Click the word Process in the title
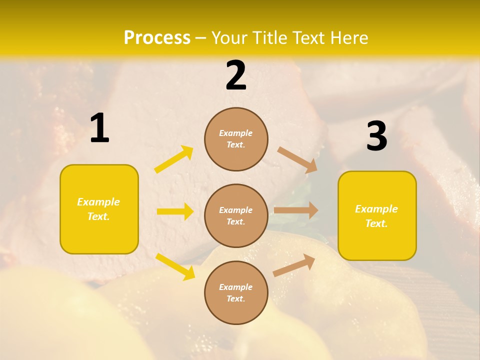click(157, 38)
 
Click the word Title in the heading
click(267, 38)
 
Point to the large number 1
click(99, 128)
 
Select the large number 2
click(236, 75)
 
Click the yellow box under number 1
click(99, 209)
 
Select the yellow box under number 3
click(377, 216)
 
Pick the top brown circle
click(236, 139)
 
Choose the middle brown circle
click(236, 216)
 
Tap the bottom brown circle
click(236, 293)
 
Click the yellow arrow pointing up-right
click(174, 159)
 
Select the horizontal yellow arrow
click(175, 211)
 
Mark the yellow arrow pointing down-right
click(175, 266)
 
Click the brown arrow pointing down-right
click(297, 159)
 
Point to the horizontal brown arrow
click(296, 210)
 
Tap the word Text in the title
click(307, 38)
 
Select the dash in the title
click(201, 38)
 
